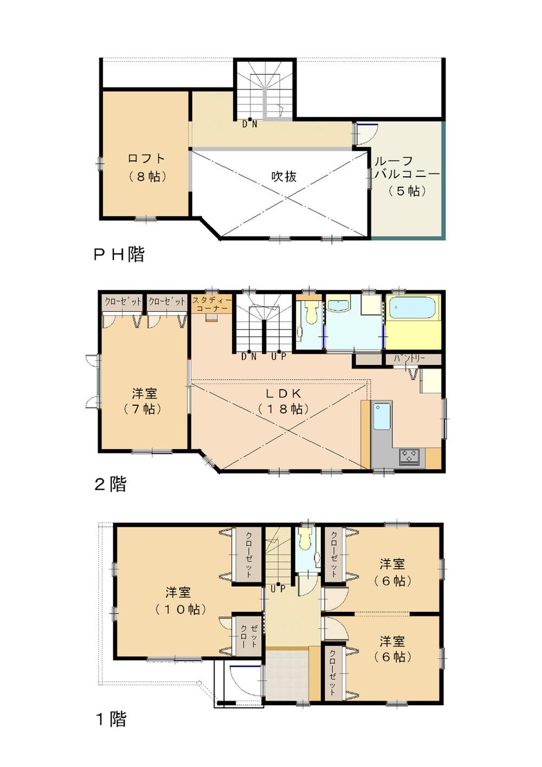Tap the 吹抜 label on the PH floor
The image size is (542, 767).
coord(284,176)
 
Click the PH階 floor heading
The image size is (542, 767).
coord(119,254)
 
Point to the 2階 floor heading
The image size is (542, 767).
coord(111,484)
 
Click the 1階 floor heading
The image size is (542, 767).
coord(111,719)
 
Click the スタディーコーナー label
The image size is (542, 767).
coord(212,304)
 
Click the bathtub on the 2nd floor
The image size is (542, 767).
coord(412,308)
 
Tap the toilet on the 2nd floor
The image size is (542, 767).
coord(311,311)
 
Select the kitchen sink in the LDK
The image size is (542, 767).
coord(382,416)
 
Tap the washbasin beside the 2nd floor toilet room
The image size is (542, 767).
coord(339,305)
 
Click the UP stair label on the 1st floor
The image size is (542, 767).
coord(278,588)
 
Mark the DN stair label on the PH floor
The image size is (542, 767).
coord(249,124)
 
